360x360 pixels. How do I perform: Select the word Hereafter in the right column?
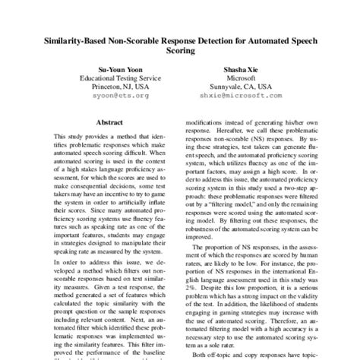coord(235,131)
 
